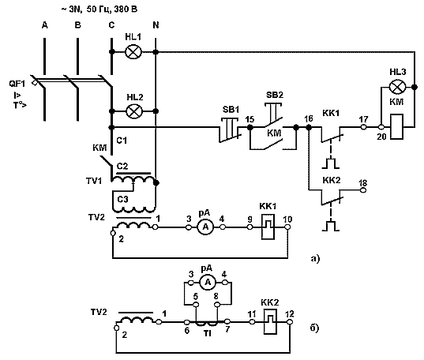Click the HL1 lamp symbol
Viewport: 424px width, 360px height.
coord(133,51)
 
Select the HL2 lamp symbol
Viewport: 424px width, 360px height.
coord(134,111)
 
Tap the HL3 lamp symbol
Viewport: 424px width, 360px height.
coord(397,87)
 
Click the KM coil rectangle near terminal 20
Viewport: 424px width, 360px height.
coord(396,126)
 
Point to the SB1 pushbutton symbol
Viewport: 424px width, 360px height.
coord(230,129)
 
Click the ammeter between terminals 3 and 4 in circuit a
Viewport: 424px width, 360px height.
coord(205,227)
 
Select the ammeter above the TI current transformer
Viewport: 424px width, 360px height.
coord(208,283)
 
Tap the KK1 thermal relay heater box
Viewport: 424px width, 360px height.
coord(268,227)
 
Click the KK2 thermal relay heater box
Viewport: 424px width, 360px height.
coord(270,322)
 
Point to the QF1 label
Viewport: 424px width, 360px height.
coord(17,84)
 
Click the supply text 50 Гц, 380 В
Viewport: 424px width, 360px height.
coord(112,9)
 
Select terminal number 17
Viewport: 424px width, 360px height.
coord(364,119)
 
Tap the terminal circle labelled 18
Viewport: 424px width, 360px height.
coord(363,190)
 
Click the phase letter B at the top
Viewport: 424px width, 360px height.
coord(78,25)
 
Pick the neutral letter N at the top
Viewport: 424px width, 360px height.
coord(156,25)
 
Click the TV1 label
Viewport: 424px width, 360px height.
coord(94,181)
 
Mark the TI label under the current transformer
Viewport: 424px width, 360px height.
coord(208,334)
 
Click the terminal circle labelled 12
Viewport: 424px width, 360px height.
coord(290,322)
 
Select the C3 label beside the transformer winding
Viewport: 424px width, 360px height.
coord(122,199)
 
